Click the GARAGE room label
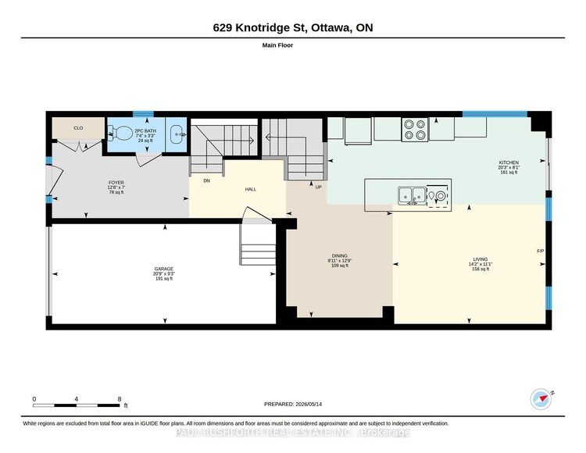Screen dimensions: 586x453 coord(164,269)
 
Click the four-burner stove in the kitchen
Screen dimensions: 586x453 coord(415,129)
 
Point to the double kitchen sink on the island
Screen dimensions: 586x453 coord(412,195)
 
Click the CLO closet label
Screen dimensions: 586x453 coord(78,128)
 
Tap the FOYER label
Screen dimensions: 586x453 coord(116,183)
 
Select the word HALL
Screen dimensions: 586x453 coord(250,189)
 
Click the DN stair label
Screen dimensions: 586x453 coord(207,180)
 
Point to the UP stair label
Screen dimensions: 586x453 coord(318,187)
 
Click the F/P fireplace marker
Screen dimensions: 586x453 coord(540,251)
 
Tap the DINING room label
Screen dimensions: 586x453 coord(339,256)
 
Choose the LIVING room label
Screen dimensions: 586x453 coord(481,259)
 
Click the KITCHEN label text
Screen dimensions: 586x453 coord(509,162)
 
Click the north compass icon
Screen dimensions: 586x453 coord(541,399)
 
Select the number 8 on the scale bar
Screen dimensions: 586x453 coord(120,399)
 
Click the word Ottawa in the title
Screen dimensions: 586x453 coord(331,28)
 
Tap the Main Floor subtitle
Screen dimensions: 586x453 coord(277,45)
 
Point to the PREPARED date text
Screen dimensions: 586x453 coord(293,404)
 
